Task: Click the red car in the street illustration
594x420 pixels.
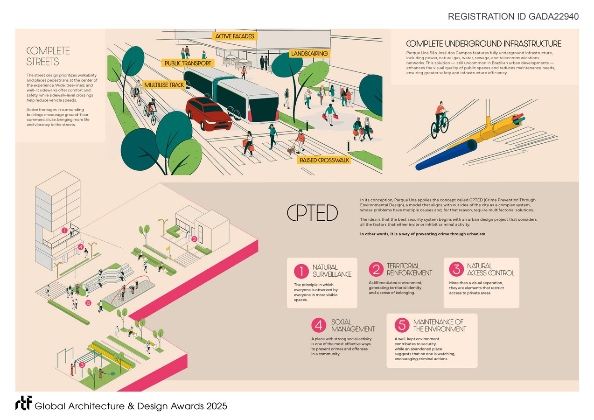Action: (x=209, y=113)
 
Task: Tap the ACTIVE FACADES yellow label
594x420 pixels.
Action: (x=234, y=36)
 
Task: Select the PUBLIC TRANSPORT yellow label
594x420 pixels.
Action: (x=188, y=63)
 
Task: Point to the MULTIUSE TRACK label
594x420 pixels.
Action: (x=164, y=85)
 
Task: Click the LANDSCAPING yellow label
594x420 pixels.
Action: (x=309, y=54)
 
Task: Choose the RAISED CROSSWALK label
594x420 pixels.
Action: (x=324, y=160)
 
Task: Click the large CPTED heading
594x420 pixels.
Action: (x=312, y=214)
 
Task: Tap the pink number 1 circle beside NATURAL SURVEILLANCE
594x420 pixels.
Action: (x=301, y=271)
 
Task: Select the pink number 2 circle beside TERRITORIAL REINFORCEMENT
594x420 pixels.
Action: (x=376, y=269)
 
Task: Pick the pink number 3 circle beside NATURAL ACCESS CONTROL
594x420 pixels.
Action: (x=456, y=269)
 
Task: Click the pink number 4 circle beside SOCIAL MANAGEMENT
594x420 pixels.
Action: (x=319, y=325)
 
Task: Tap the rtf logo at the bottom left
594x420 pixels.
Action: (x=23, y=404)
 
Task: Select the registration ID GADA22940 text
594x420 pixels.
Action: (x=513, y=17)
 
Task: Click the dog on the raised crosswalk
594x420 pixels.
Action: (x=291, y=150)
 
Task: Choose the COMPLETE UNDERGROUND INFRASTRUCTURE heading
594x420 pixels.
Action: (x=484, y=44)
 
